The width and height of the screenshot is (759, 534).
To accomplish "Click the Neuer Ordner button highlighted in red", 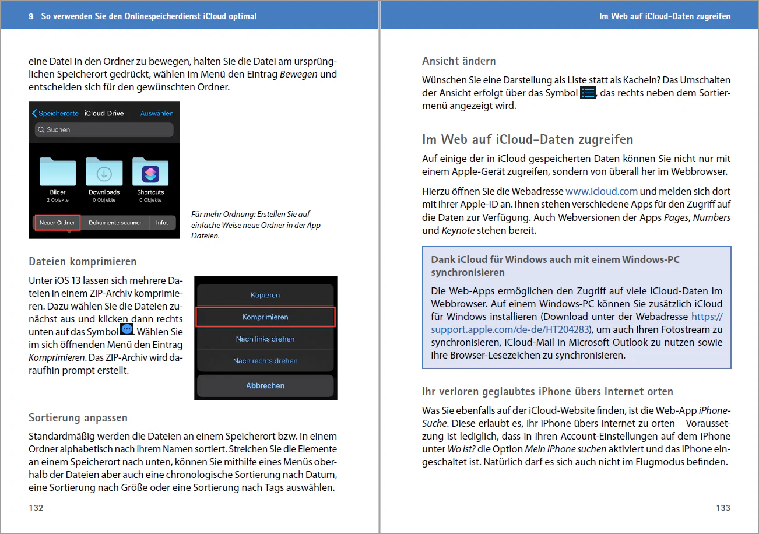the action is pyautogui.click(x=58, y=223).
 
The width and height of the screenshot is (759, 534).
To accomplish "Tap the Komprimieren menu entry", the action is pyautogui.click(x=265, y=317).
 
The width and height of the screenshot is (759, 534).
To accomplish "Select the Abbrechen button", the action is pyautogui.click(x=265, y=385).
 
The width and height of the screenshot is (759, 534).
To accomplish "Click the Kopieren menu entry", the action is pyautogui.click(x=265, y=295).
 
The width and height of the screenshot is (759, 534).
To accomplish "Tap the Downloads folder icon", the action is pyautogui.click(x=104, y=171).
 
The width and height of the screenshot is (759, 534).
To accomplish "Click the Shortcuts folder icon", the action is pyautogui.click(x=150, y=171).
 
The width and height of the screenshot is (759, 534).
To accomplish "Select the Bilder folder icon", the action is pyautogui.click(x=58, y=171).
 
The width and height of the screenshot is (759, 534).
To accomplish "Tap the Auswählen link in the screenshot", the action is pyautogui.click(x=157, y=113).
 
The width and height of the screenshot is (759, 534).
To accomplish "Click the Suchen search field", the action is pyautogui.click(x=104, y=129).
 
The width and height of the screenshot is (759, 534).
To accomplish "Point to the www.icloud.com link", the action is pyautogui.click(x=602, y=191).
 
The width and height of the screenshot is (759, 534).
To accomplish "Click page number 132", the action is pyautogui.click(x=36, y=508).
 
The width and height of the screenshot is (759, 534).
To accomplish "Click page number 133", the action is pyautogui.click(x=723, y=508).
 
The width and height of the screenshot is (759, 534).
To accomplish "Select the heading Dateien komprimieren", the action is pyautogui.click(x=83, y=261).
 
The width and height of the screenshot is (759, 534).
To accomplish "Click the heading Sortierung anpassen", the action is pyautogui.click(x=78, y=417).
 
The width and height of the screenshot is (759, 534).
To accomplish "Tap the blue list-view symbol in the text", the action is pyautogui.click(x=588, y=93).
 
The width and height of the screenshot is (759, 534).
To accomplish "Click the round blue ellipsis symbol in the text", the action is pyautogui.click(x=127, y=329).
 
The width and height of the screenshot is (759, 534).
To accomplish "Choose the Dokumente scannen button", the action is pyautogui.click(x=115, y=223).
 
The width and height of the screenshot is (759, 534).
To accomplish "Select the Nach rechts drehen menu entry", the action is pyautogui.click(x=265, y=360).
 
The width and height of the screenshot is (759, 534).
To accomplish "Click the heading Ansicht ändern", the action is pyautogui.click(x=459, y=61).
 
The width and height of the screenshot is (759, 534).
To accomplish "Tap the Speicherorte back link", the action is pyautogui.click(x=55, y=113).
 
